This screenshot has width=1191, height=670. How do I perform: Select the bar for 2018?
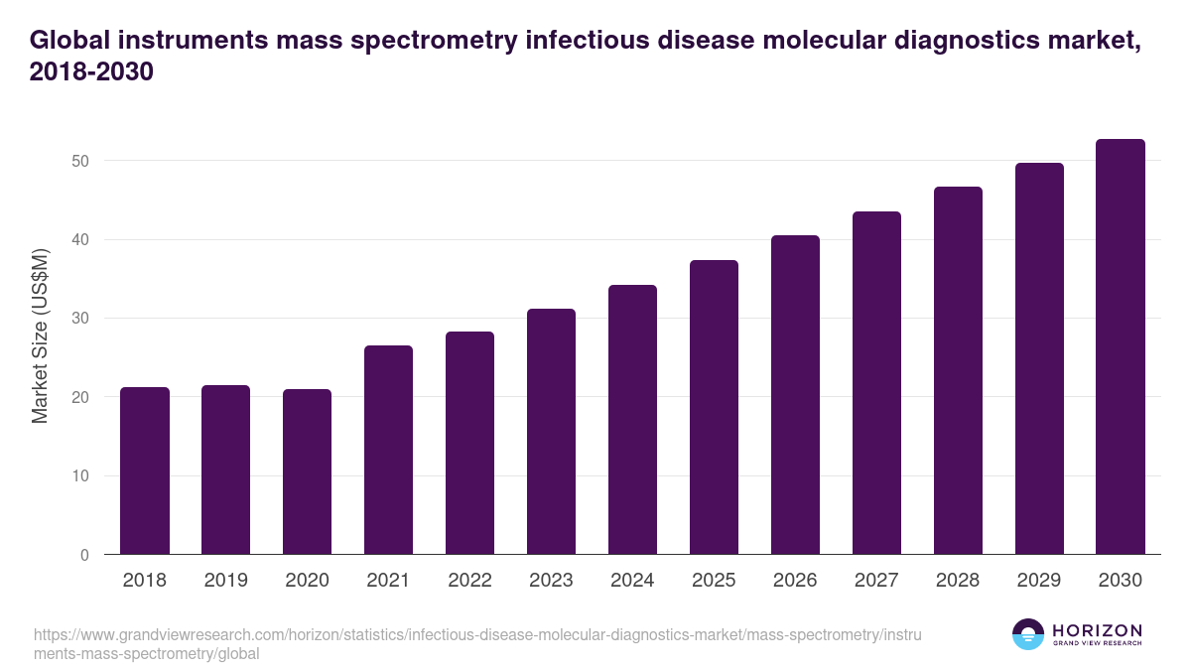pos(145,470)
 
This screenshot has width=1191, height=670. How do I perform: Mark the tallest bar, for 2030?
pos(1121,346)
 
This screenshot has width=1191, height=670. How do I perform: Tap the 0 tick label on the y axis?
pos(84,555)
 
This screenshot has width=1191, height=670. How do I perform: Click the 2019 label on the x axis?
pos(226,581)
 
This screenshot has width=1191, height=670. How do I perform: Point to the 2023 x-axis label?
pos(551,581)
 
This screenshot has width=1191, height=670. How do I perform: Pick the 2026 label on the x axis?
pos(795,581)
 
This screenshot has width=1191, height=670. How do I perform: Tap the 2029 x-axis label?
pos(1039,581)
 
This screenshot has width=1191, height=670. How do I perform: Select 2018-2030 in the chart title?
pos(91,72)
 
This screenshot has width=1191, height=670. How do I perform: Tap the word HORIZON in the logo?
pos(1097,630)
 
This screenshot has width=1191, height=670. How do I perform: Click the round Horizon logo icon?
pos(1028,634)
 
